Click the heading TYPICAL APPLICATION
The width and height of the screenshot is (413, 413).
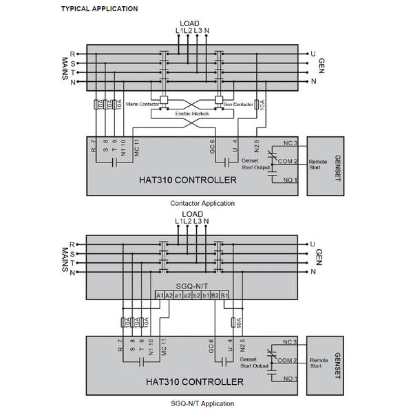pos(99,9)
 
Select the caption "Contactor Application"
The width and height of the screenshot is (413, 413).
pos(202,203)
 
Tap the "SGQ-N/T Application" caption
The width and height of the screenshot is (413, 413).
pos(202,404)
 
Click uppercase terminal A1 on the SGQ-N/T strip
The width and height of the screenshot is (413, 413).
pos(159,296)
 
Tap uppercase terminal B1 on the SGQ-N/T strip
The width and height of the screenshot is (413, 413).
pos(224,296)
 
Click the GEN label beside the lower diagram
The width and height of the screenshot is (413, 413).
pos(319,257)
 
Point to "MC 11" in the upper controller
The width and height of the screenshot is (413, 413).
pos(138,149)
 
